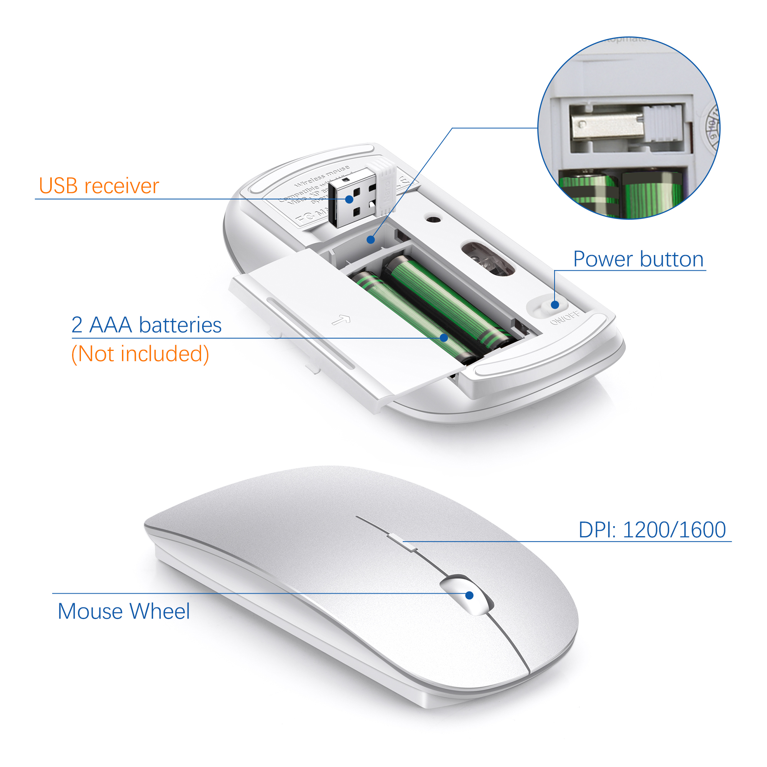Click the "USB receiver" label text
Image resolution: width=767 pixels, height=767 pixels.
pyautogui.click(x=99, y=186)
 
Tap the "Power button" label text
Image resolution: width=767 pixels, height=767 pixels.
pyautogui.click(x=638, y=259)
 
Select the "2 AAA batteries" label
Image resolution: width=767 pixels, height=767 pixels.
pyautogui.click(x=146, y=325)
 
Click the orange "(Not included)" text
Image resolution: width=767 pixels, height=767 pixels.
pyautogui.click(x=140, y=354)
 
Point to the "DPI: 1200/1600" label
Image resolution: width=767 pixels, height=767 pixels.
pyautogui.click(x=652, y=530)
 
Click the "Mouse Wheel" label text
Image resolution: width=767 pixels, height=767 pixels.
pyautogui.click(x=123, y=611)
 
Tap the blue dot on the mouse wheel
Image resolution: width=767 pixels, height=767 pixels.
pyautogui.click(x=469, y=595)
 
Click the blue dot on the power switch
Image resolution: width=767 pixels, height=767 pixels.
pyautogui.click(x=555, y=305)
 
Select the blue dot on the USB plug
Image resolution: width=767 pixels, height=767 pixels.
pyautogui.click(x=349, y=199)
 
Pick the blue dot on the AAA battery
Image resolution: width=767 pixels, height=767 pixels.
pyautogui.click(x=444, y=337)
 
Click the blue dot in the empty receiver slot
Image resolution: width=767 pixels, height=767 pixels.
pyautogui.click(x=371, y=240)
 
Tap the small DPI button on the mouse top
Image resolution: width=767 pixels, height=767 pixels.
pyautogui.click(x=402, y=543)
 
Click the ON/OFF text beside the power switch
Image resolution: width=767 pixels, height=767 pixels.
pyautogui.click(x=565, y=318)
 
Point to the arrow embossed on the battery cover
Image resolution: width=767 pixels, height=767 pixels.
pyautogui.click(x=341, y=319)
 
